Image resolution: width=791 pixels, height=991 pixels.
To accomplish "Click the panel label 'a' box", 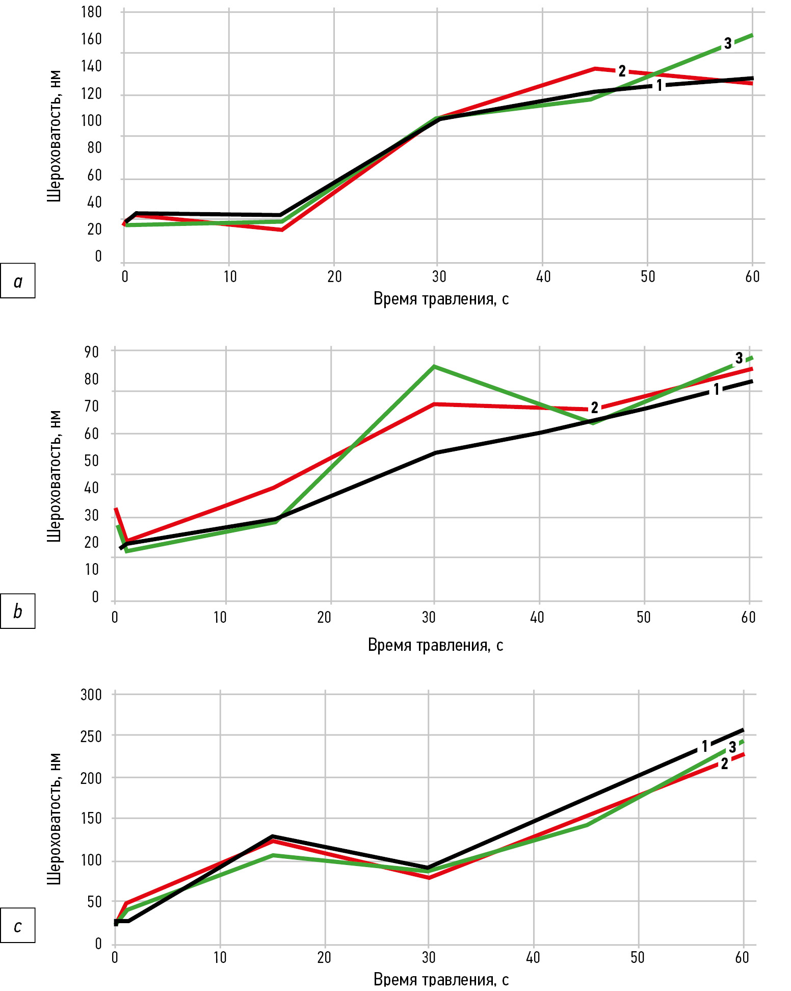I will [18, 281].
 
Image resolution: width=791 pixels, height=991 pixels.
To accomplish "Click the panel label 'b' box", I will [18, 611].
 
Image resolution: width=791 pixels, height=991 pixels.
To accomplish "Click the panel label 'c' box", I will [18, 925].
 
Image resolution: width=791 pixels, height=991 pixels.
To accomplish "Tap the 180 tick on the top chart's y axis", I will [91, 12].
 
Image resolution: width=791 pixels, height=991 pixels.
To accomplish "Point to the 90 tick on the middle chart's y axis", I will [92, 351].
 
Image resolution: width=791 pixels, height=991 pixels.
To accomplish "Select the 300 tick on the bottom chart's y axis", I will [91, 694].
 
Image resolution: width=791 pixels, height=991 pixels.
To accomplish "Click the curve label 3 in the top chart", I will [728, 43].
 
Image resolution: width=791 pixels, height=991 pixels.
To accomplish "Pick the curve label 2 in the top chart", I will [622, 71].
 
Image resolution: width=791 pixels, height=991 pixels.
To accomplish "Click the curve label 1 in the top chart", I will [659, 85].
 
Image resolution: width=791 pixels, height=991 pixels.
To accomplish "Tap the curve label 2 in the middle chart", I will [594, 408].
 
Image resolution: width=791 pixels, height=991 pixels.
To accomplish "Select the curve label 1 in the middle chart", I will [716, 390].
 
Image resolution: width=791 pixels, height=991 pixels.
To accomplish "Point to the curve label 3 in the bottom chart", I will [732, 747].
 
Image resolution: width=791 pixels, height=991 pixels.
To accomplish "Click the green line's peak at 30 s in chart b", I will [434, 366].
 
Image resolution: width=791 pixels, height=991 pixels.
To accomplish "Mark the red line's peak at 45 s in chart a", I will [595, 68].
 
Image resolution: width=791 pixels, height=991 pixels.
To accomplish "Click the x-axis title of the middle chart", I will [435, 645].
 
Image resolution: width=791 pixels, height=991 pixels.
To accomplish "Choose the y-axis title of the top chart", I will [54, 136].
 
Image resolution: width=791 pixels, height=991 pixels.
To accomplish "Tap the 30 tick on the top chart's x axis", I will [439, 276].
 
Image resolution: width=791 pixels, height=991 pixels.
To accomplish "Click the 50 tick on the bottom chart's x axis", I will [638, 957].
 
